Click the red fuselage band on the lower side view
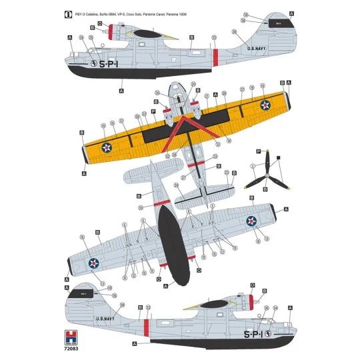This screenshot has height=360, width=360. (x=145, y=327)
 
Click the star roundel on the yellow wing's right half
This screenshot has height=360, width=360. (x=265, y=104)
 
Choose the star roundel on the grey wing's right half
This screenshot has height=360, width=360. (x=252, y=221)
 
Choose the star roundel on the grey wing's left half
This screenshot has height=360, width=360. (x=94, y=265)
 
